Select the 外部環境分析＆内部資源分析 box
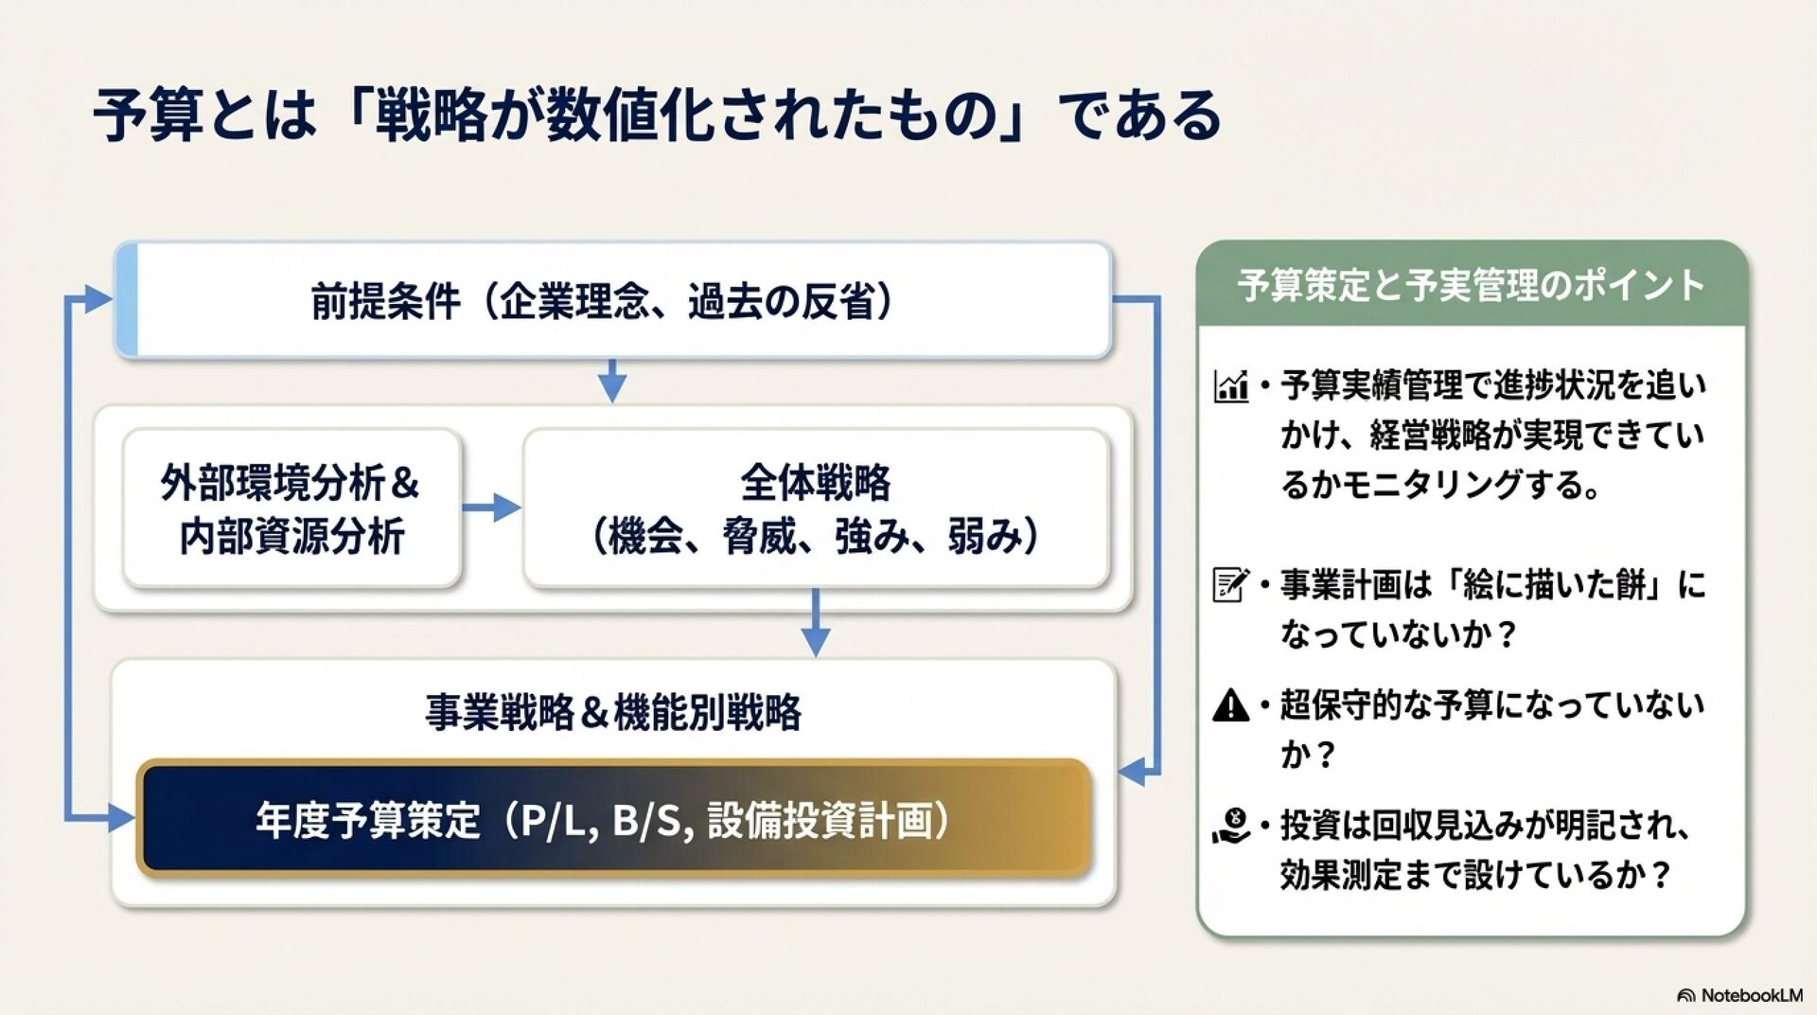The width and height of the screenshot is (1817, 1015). (291, 508)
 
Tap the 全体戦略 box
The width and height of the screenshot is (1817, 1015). (815, 508)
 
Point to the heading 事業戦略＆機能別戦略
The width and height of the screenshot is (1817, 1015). (613, 712)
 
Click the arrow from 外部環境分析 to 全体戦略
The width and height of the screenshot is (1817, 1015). (492, 508)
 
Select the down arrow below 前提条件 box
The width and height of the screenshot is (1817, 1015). (612, 381)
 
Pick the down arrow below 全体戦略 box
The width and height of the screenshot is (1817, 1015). (815, 625)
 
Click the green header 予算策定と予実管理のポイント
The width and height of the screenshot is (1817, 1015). (1471, 285)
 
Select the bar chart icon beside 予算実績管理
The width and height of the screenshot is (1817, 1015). (1230, 386)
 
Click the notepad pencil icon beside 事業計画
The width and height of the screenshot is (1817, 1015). (1230, 584)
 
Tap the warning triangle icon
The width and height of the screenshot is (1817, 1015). (1230, 705)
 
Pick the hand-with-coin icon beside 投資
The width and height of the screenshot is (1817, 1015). (1230, 826)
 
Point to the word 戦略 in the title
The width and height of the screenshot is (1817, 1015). (432, 116)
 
